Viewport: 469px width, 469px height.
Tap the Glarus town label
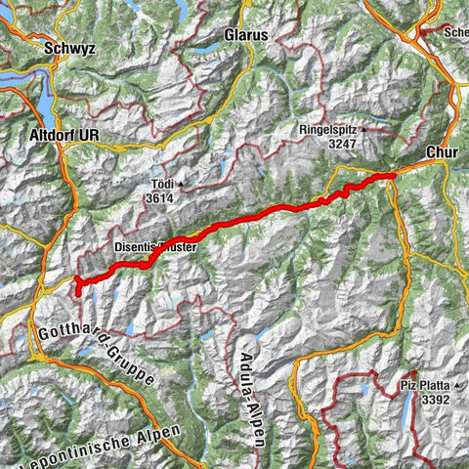(245, 33)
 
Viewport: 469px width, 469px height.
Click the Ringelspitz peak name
(327, 129)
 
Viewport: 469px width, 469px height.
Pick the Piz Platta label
(426, 385)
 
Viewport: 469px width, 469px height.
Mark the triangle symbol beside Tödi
(182, 183)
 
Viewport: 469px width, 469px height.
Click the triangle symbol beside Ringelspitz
(363, 129)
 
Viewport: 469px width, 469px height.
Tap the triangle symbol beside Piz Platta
(457, 385)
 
